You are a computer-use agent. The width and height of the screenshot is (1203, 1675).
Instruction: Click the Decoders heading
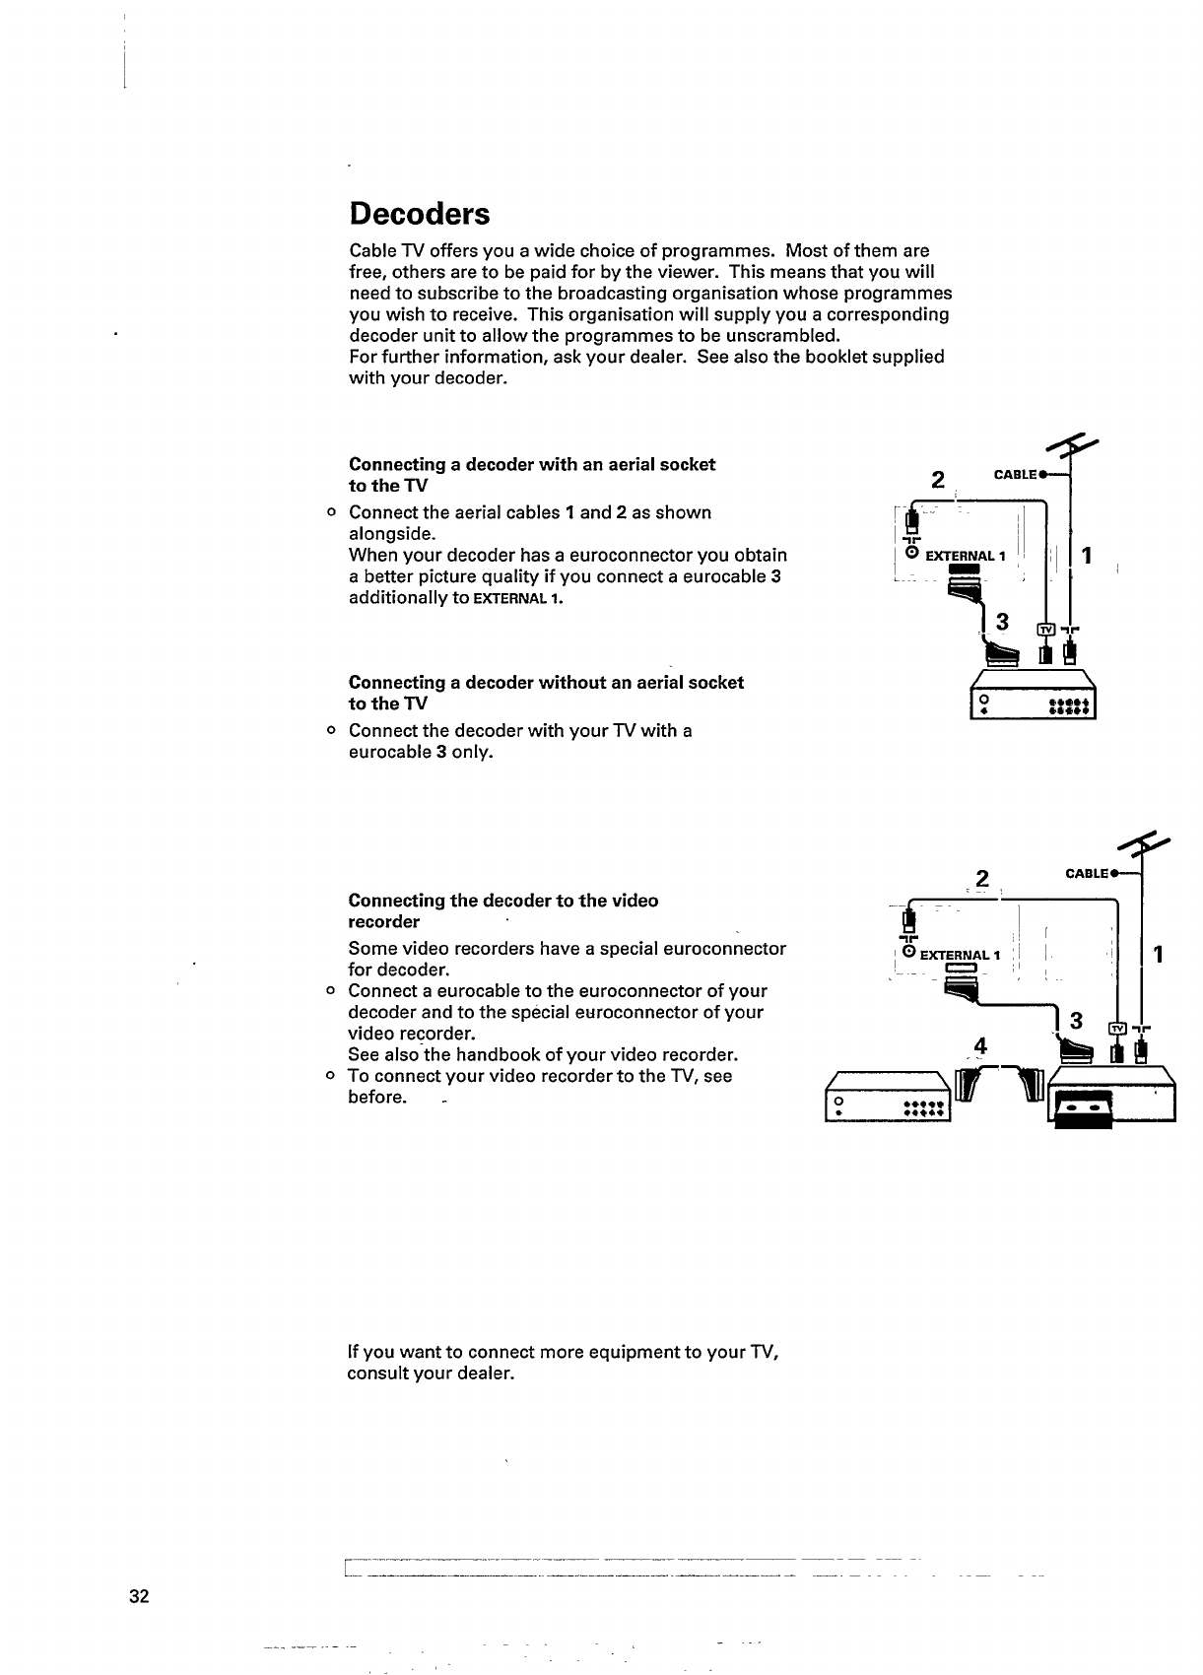(420, 214)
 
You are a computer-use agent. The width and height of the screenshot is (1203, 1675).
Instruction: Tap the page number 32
(138, 1597)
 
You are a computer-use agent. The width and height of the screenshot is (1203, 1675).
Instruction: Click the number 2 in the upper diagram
(938, 481)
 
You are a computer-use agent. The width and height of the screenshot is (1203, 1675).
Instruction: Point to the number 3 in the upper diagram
(1002, 622)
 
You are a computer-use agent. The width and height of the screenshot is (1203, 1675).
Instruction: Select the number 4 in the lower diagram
(979, 1045)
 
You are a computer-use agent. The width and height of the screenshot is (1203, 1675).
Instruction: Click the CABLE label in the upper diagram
(1015, 475)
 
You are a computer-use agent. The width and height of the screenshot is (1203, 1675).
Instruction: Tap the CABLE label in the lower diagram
(1087, 874)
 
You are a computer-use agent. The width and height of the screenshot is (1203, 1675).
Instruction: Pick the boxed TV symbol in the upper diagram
(1046, 630)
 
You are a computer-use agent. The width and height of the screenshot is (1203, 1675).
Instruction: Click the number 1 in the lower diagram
(1160, 954)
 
